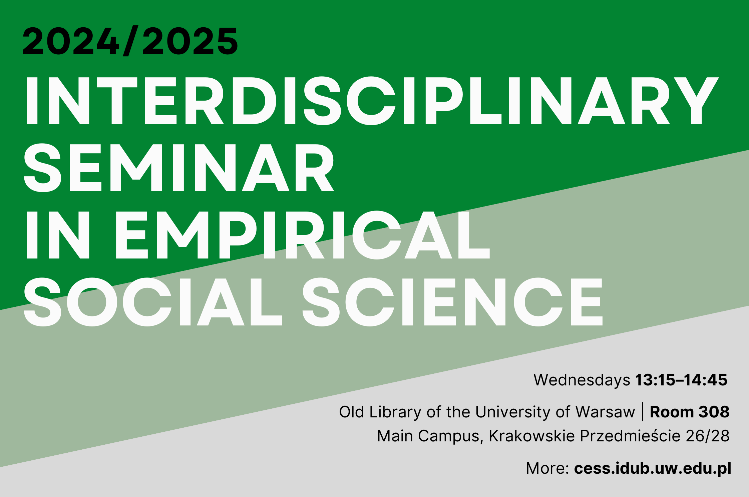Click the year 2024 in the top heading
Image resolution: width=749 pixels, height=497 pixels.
pos(71,41)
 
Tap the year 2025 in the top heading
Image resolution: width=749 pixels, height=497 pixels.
pos(190,41)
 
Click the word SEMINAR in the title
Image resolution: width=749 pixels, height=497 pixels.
pos(179,168)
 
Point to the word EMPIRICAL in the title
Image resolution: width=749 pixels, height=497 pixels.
pos(303,235)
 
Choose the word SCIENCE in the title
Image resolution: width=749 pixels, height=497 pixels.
pos(452,302)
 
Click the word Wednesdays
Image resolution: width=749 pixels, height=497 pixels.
pos(582,380)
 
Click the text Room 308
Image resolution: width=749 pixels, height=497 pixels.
pos(690,412)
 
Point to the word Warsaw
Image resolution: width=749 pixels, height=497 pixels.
pos(605,412)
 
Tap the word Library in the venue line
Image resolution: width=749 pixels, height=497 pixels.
pos(395,412)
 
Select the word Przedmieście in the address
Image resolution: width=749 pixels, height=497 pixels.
pos(630,436)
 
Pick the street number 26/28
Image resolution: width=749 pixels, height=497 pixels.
pos(708,436)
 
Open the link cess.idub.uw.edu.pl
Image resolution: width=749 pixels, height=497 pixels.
pos(653,468)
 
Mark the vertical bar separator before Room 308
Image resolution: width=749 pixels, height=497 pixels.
pos(643,412)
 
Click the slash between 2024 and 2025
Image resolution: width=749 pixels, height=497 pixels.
pos(131,41)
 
